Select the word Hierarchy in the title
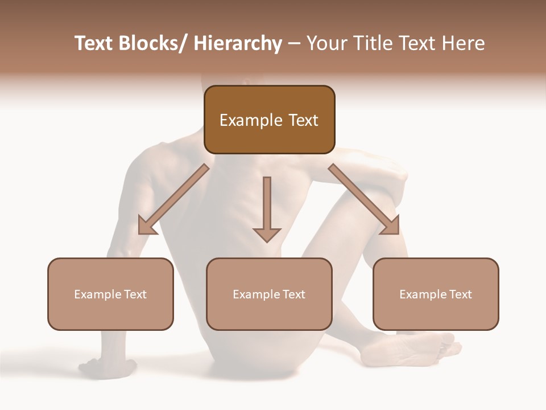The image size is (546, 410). tap(238, 43)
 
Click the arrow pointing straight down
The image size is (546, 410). tap(267, 205)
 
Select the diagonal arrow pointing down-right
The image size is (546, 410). tap(361, 196)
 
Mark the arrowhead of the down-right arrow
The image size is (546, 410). tap(391, 226)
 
